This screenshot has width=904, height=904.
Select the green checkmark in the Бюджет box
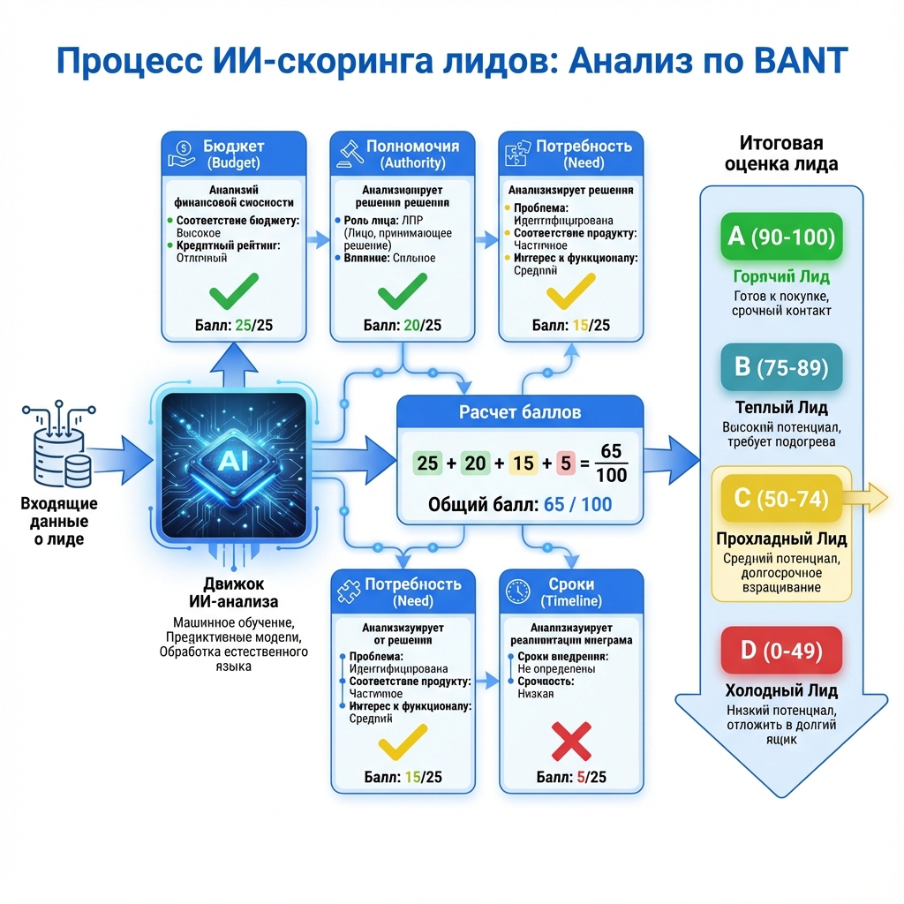pyautogui.click(x=233, y=290)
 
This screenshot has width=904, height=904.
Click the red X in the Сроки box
pyautogui.click(x=571, y=740)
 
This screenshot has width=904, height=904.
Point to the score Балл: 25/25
pyautogui.click(x=233, y=326)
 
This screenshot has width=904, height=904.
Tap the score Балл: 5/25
pyautogui.click(x=571, y=777)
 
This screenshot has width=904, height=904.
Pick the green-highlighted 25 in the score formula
pyautogui.click(x=426, y=463)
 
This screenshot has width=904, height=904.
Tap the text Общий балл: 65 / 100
pyautogui.click(x=520, y=506)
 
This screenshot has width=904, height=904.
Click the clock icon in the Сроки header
pyautogui.click(x=519, y=591)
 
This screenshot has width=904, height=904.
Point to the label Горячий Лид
pyautogui.click(x=781, y=277)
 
